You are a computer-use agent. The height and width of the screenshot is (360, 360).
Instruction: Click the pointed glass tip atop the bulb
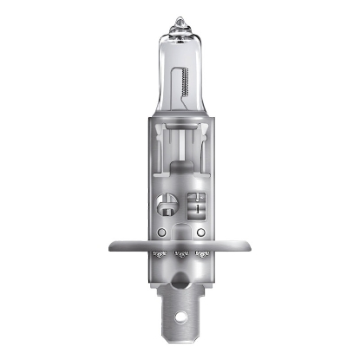(180, 20)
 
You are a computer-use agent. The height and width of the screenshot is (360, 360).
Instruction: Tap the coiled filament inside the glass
(184, 88)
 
